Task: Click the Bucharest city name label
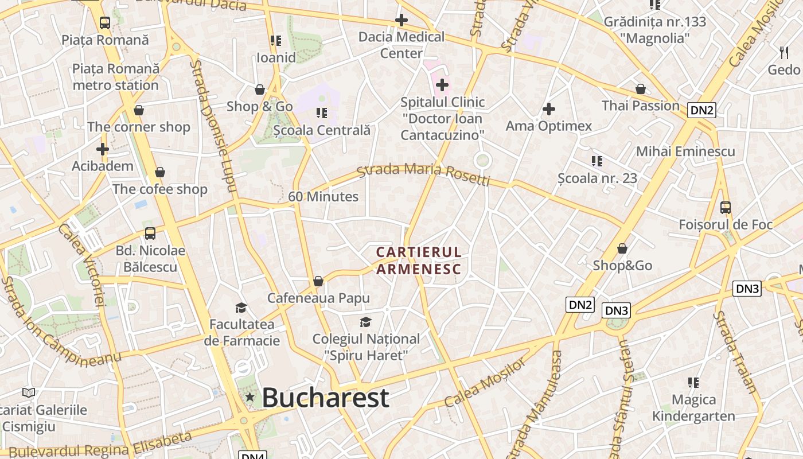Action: [x=325, y=398]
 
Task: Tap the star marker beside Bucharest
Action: [x=250, y=396]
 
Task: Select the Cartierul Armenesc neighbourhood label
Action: [x=419, y=260]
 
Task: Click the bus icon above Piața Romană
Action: [x=104, y=23]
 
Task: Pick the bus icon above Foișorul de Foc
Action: [x=726, y=207]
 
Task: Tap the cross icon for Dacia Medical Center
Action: [x=402, y=20]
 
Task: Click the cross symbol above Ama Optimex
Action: [x=549, y=108]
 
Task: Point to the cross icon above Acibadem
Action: [x=103, y=149]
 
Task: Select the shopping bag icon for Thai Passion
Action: [x=641, y=89]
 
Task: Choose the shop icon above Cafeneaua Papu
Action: [x=318, y=281]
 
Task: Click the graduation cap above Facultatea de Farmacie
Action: [x=241, y=308]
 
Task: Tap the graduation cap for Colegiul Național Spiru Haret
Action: [x=365, y=322]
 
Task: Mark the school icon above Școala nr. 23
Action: [x=597, y=161]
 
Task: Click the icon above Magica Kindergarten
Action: [x=693, y=382]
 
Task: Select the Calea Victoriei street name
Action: [x=81, y=264]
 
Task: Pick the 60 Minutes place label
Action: [x=323, y=196]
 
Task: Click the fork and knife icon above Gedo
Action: [x=784, y=52]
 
